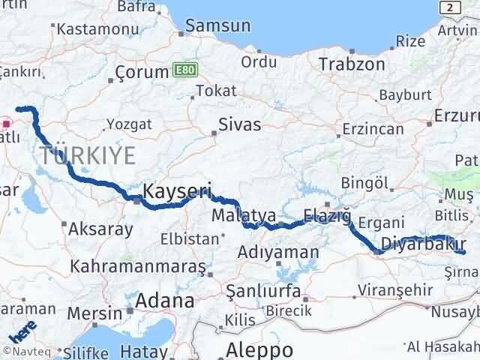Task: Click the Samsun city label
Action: (217, 25)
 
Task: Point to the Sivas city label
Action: (240, 124)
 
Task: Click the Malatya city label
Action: (244, 216)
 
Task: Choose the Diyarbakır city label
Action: (424, 244)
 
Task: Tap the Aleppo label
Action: (261, 349)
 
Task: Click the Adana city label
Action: (164, 301)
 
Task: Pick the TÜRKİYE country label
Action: (88, 156)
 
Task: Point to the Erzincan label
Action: (373, 129)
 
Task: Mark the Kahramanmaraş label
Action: (137, 266)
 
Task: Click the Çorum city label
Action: (142, 73)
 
